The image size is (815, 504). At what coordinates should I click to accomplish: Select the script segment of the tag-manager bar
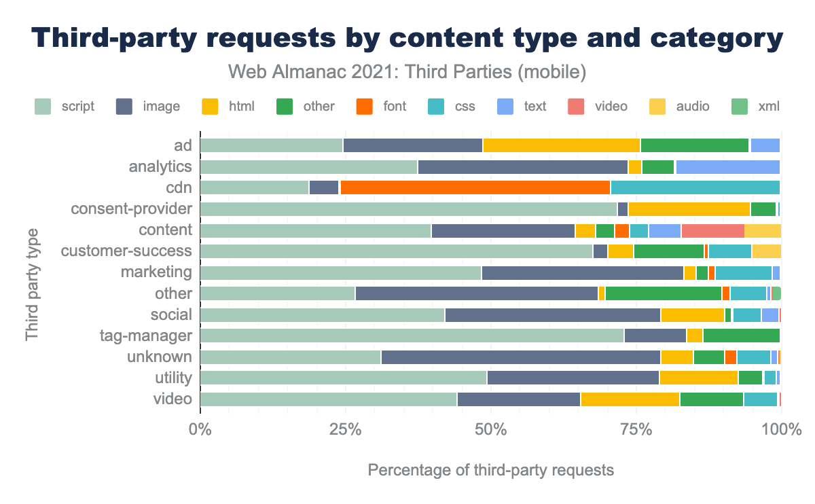(x=412, y=336)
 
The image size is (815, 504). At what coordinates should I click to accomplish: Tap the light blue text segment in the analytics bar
(x=727, y=166)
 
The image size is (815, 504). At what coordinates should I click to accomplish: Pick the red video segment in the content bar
(x=712, y=230)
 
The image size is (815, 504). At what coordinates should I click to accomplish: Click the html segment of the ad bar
(x=561, y=145)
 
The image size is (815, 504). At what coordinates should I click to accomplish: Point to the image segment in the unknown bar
(x=520, y=357)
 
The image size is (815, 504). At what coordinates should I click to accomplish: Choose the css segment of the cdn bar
(x=695, y=187)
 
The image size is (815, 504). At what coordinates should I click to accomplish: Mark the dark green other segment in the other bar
(x=663, y=293)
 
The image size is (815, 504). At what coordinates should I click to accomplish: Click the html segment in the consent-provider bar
(x=689, y=209)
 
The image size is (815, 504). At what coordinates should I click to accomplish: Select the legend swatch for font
(x=365, y=106)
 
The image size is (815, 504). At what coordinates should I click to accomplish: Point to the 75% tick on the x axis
(x=636, y=430)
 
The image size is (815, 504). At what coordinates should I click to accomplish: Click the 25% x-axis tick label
(x=345, y=430)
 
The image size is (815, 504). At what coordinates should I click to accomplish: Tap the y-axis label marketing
(x=156, y=272)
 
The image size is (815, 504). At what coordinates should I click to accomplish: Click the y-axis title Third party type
(x=32, y=285)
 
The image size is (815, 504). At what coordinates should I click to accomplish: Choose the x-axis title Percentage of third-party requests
(x=490, y=470)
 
